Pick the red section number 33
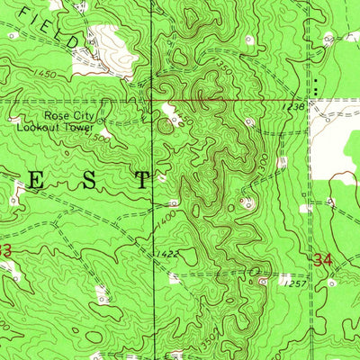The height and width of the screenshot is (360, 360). [x=5, y=249]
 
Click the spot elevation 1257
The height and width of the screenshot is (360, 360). [x=287, y=283]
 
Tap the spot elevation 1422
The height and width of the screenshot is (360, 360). [x=166, y=254]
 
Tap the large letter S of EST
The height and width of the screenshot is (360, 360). [x=90, y=180]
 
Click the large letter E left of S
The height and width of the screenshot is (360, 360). [x=37, y=180]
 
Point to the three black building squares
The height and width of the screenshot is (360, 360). [x=316, y=85]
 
